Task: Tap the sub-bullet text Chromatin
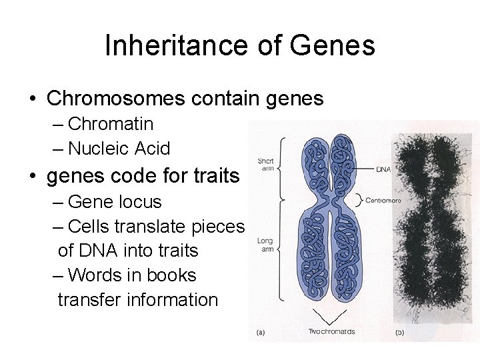point(111,124)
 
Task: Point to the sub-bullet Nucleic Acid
point(119,148)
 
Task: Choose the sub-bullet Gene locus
point(115,201)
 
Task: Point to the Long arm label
point(265,245)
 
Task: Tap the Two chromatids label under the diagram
point(331,331)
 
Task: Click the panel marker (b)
point(400,331)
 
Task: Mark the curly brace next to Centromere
point(360,199)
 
